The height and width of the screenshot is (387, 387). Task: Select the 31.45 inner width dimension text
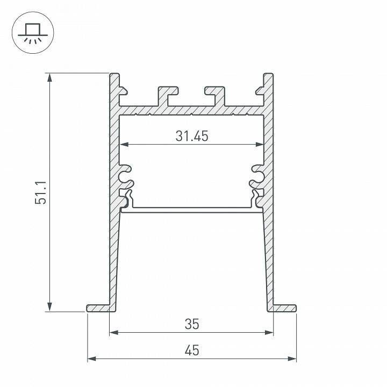pyautogui.click(x=191, y=137)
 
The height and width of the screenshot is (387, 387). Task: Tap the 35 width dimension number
pyautogui.click(x=191, y=324)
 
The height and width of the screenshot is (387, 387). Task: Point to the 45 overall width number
pyautogui.click(x=191, y=350)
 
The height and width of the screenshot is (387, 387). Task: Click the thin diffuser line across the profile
pyautogui.click(x=191, y=209)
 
